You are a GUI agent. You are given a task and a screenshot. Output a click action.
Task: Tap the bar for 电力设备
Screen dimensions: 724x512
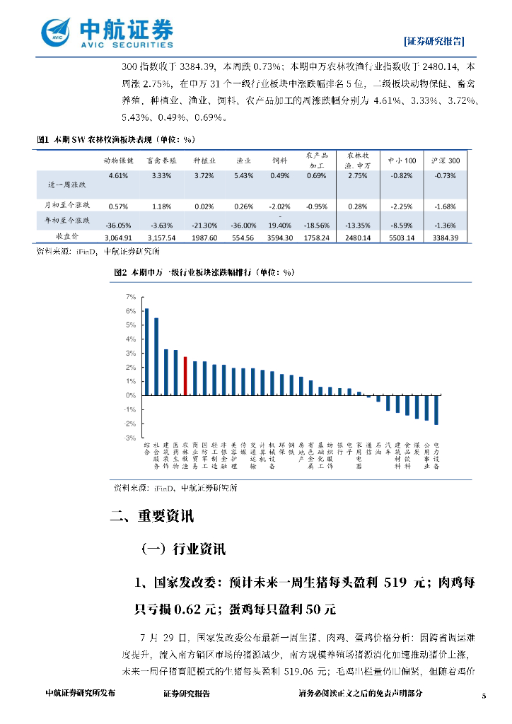(436, 410)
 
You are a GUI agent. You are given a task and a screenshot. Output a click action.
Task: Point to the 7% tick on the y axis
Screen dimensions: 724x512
(131, 297)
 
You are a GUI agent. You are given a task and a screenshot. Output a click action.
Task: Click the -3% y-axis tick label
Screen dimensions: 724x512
(130, 438)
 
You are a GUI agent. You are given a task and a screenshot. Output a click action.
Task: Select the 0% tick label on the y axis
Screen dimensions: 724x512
(131, 396)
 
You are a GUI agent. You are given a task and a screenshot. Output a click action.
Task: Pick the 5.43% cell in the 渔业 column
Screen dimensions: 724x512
(242, 175)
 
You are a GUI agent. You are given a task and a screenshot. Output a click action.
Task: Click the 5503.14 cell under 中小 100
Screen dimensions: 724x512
(401, 238)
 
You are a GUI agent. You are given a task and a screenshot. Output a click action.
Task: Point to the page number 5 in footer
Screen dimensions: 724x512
(484, 695)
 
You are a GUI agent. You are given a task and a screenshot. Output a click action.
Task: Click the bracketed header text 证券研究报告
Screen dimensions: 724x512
(434, 40)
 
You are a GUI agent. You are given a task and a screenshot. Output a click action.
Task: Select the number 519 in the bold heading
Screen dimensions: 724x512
(395, 583)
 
